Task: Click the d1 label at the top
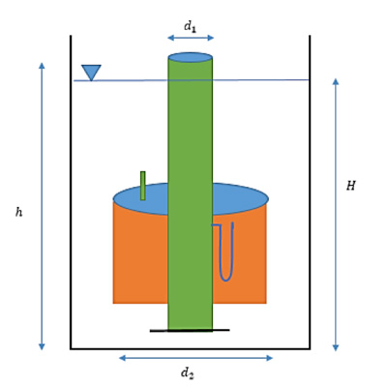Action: pyautogui.click(x=190, y=26)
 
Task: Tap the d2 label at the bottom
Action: pyautogui.click(x=188, y=373)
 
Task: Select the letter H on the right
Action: pyautogui.click(x=350, y=186)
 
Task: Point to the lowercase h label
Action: pyautogui.click(x=19, y=212)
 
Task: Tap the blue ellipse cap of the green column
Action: pyautogui.click(x=191, y=57)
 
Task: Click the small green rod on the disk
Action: pyautogui.click(x=142, y=186)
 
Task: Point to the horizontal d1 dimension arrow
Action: pyautogui.click(x=191, y=38)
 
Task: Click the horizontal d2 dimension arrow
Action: pyautogui.click(x=196, y=358)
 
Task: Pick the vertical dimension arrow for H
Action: pyautogui.click(x=336, y=215)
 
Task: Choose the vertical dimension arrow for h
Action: pyautogui.click(x=42, y=206)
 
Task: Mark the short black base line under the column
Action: pyautogui.click(x=190, y=330)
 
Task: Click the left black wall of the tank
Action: pyautogui.click(x=71, y=193)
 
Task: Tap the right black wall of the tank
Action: pyautogui.click(x=310, y=193)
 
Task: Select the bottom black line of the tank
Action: pyautogui.click(x=191, y=348)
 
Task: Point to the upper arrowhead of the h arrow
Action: pyautogui.click(x=42, y=66)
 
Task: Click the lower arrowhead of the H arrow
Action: pyautogui.click(x=336, y=347)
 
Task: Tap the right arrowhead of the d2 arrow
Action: pyautogui.click(x=270, y=358)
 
